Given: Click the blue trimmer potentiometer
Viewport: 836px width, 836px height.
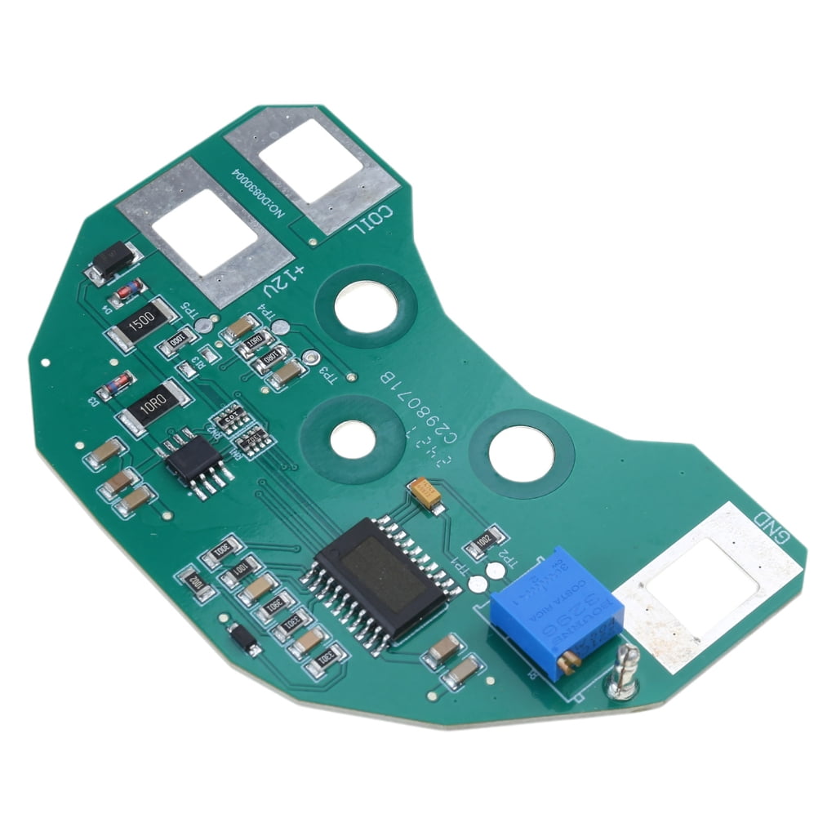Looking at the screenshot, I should tap(555, 608).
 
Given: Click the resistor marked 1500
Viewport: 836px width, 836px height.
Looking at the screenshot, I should tap(140, 323).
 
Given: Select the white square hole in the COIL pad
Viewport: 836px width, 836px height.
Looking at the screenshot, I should tap(318, 162).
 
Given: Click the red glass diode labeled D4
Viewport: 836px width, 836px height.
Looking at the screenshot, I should tap(129, 290).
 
